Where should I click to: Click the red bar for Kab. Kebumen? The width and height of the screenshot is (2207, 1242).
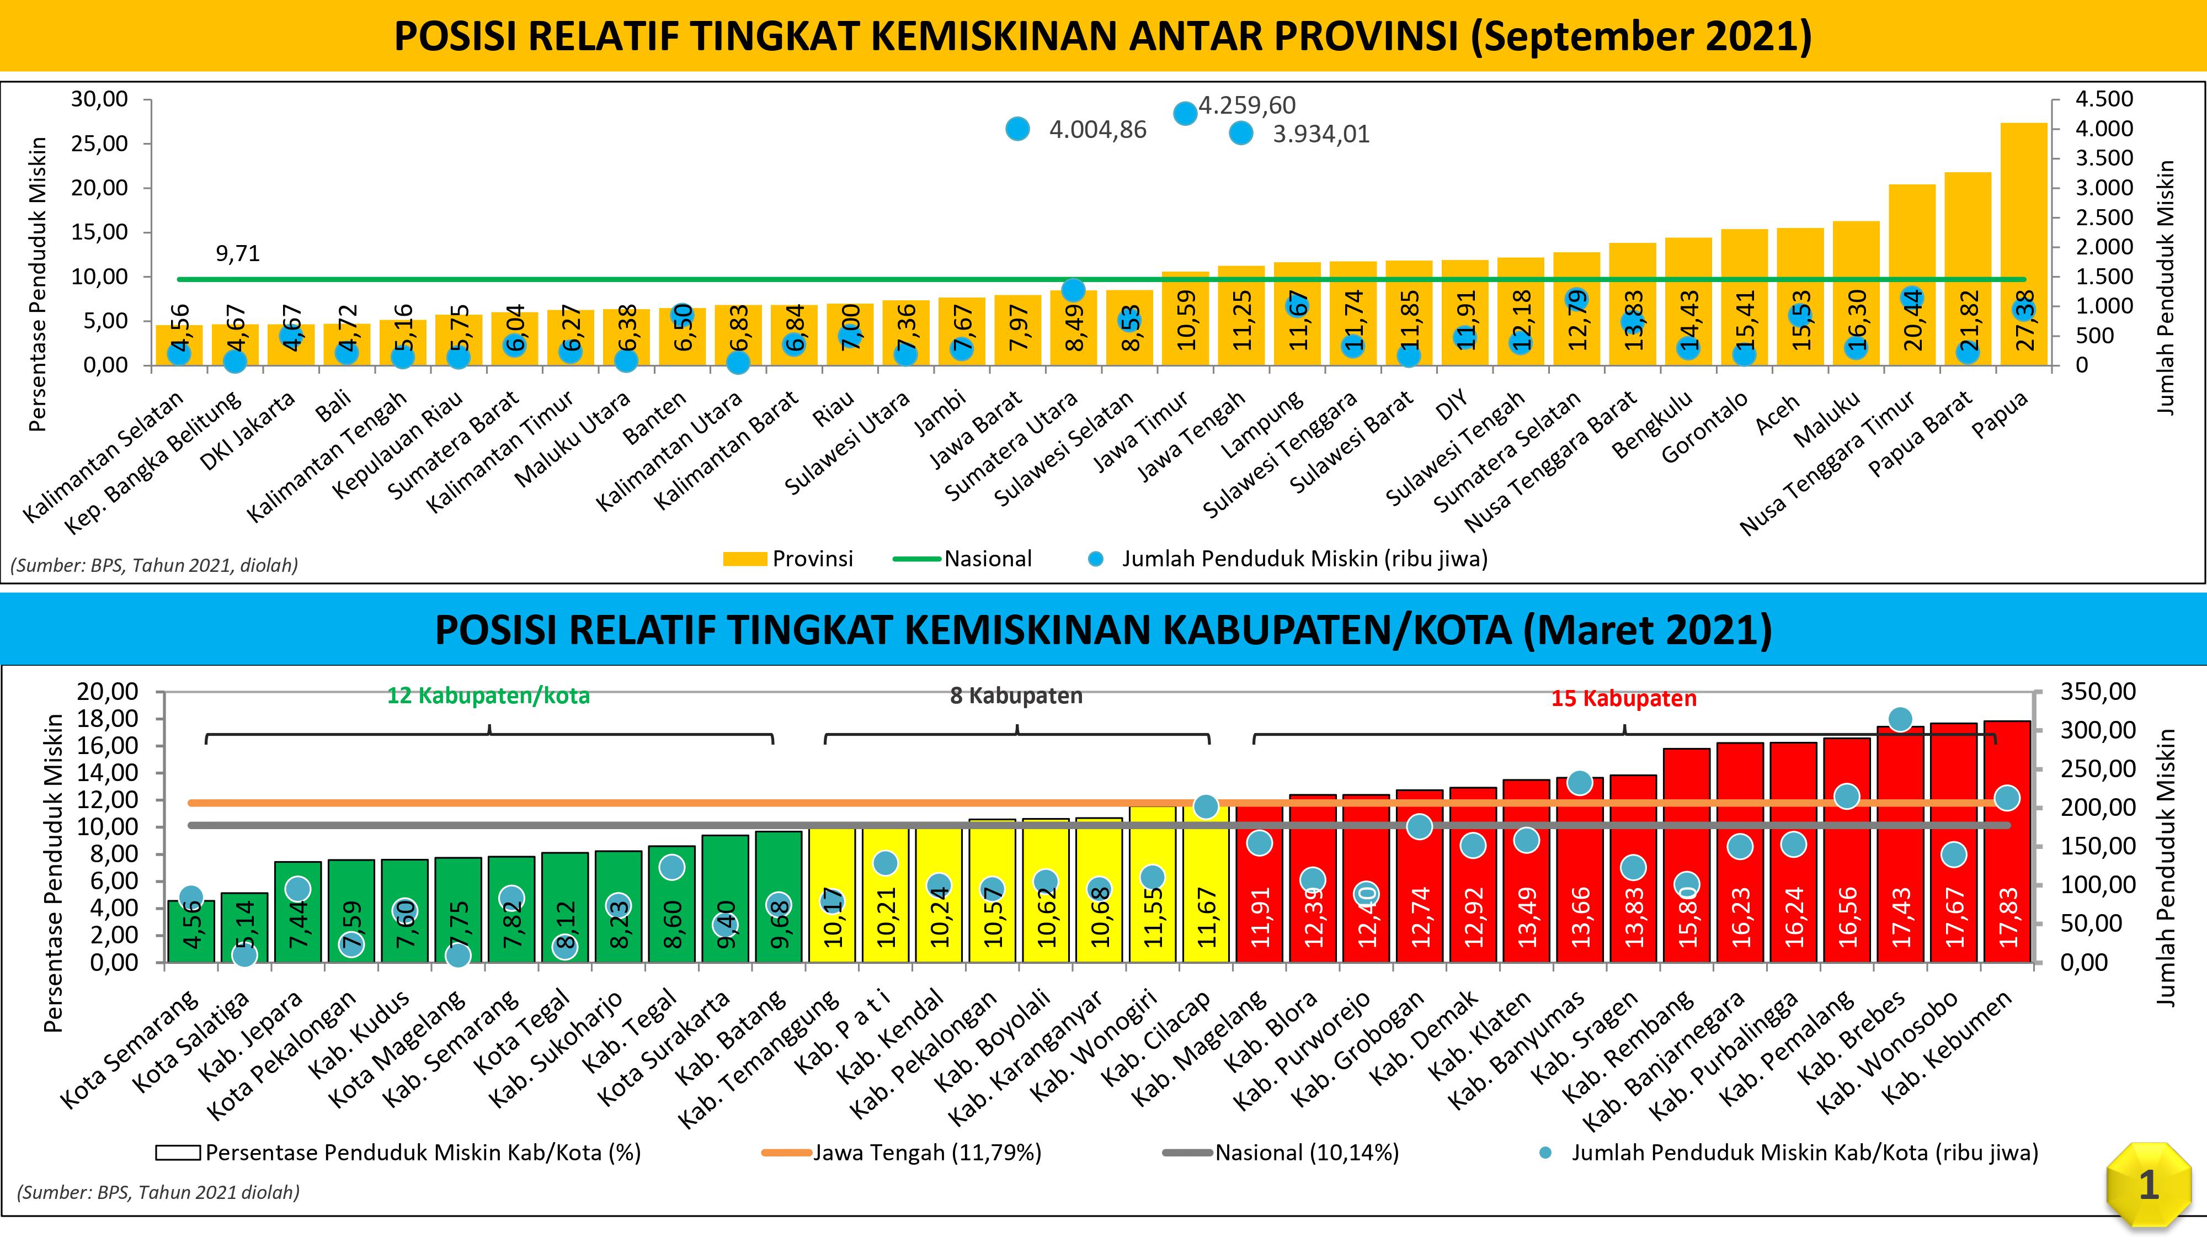tap(2007, 841)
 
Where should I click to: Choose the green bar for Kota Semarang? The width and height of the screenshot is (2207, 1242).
tap(191, 931)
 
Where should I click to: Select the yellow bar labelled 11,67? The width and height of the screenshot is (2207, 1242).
tap(1206, 883)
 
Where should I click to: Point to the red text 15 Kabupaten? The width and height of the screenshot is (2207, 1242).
tap(1624, 699)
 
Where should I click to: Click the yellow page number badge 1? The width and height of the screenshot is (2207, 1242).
tap(2148, 1186)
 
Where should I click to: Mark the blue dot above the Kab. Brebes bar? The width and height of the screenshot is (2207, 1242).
tap(1900, 719)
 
